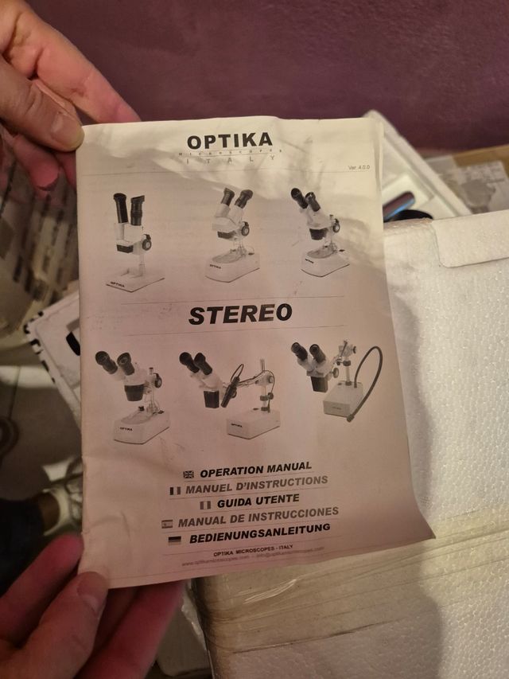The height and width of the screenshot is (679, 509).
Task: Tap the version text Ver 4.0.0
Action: click(x=359, y=167)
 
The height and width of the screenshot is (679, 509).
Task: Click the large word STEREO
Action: click(x=240, y=314)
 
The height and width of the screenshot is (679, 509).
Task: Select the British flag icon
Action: click(x=188, y=474)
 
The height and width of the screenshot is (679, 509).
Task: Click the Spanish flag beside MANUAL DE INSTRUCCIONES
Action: click(x=166, y=525)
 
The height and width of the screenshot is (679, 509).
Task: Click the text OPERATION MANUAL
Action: click(x=255, y=469)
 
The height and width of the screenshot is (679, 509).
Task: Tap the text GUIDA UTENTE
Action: click(x=258, y=500)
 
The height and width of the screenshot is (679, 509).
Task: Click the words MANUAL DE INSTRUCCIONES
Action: click(x=258, y=517)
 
